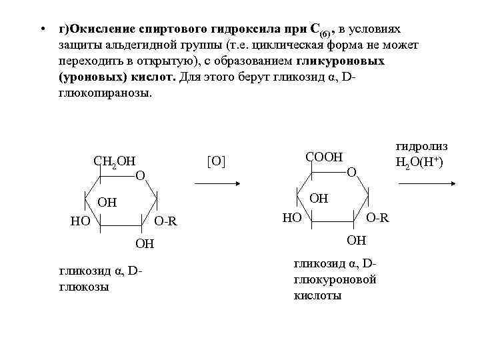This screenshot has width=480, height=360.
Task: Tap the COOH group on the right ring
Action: [323, 157]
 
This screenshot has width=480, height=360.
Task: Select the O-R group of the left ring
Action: [165, 221]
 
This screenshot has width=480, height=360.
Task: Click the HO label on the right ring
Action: [291, 217]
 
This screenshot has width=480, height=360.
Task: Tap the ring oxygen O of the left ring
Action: [139, 176]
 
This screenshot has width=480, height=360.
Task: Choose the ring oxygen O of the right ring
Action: [352, 173]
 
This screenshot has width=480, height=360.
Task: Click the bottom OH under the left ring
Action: [145, 244]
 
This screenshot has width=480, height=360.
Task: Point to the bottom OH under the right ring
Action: [357, 240]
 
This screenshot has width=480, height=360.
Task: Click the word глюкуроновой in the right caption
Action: [335, 279]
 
